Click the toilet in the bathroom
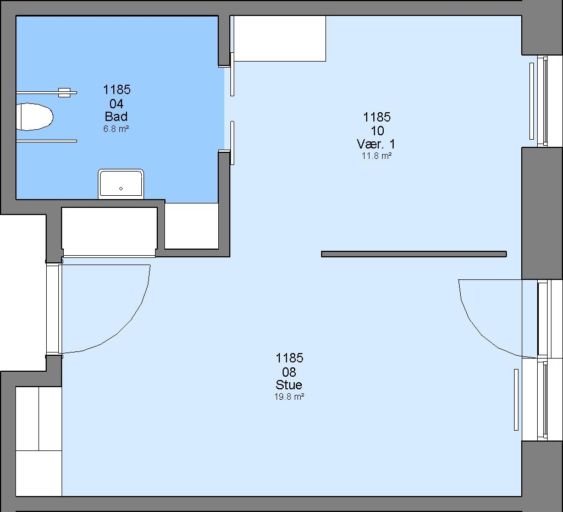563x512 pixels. point(35,117)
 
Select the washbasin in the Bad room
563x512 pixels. point(121,184)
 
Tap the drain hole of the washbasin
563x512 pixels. point(121,189)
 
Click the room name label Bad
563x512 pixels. point(116,117)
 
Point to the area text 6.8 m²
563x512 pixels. point(116,129)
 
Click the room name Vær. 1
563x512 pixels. point(376,144)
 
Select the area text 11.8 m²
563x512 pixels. point(376,156)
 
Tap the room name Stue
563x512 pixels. point(289,385)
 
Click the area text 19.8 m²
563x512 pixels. point(289,397)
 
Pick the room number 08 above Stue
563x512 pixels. point(289,372)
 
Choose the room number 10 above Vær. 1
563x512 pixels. point(377,131)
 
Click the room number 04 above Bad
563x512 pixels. point(117,104)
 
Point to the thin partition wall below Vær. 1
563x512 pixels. point(413,254)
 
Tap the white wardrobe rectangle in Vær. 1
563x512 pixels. point(280,38)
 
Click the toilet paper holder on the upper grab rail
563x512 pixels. point(64,92)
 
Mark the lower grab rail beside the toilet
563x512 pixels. point(46,141)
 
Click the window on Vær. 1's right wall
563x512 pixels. point(542,101)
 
